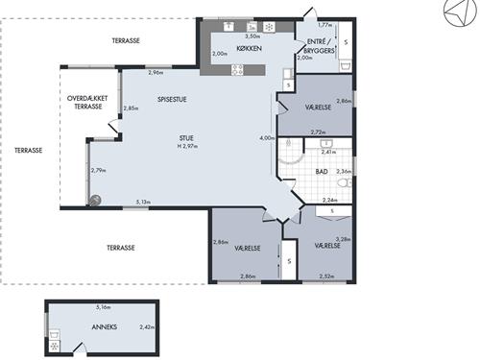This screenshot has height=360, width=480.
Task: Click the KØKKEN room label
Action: coord(249,48)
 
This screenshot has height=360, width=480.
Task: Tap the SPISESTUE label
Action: coord(172,99)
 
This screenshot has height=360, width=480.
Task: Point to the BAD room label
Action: coord(322,172)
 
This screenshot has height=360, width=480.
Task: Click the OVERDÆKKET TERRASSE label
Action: coord(87,103)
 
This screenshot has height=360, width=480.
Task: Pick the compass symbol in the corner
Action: coord(460,12)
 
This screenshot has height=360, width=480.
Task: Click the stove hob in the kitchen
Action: coord(237,70)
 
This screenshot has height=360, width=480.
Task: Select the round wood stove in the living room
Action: coord(94,201)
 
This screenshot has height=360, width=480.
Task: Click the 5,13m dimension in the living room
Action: coord(143,202)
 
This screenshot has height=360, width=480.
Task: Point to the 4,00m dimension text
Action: coord(267,138)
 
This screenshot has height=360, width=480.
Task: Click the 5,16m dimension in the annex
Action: coord(104,307)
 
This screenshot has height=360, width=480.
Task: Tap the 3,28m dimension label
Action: coord(343,239)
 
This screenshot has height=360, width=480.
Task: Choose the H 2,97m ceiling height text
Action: coord(187,146)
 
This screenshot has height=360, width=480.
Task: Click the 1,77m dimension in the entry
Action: coord(324,24)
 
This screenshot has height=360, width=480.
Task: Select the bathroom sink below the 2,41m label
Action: coord(326,143)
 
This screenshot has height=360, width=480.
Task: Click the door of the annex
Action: coord(81,348)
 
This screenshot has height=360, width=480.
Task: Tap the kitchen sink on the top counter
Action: coord(228,26)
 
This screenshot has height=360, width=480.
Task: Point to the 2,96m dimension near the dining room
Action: coord(156,73)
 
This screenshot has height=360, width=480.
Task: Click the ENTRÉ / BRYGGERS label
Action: coord(319,46)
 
